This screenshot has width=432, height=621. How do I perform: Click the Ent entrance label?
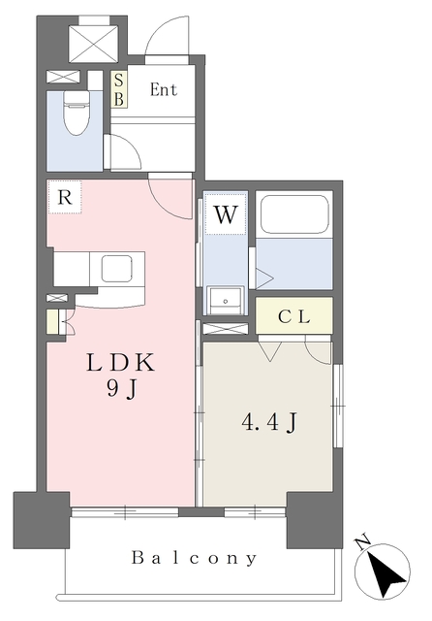[164, 89]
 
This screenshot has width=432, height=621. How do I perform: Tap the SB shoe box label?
[118, 90]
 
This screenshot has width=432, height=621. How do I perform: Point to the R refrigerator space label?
[65, 197]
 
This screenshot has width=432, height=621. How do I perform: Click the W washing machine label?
[226, 214]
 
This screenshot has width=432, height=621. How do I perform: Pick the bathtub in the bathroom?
[294, 214]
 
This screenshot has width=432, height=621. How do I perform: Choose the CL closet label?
[294, 316]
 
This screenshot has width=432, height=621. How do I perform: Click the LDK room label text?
[120, 362]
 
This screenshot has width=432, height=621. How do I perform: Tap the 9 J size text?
[122, 390]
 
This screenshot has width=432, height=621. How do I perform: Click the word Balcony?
[194, 558]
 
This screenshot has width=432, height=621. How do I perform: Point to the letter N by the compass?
[363, 542]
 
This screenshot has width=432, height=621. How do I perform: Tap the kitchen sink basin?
[116, 268]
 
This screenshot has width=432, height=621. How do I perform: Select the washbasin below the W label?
[225, 301]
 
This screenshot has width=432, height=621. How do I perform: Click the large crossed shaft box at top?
[93, 43]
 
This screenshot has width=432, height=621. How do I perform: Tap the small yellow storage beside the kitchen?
[52, 321]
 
